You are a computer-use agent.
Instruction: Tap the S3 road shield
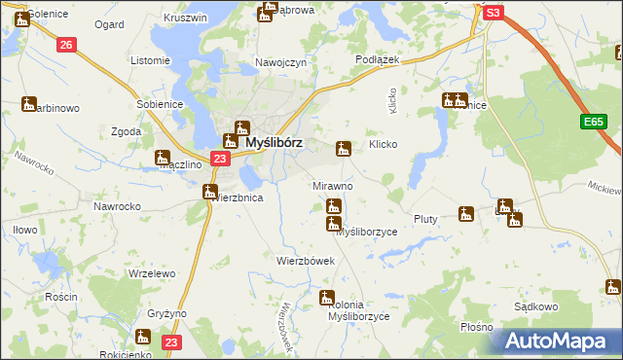[x=494, y=13]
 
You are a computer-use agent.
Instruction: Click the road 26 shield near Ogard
[x=65, y=45]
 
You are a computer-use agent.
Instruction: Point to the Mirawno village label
[x=332, y=185]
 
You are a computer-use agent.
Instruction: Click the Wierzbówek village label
[x=306, y=261]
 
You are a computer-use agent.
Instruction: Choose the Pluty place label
[x=425, y=219]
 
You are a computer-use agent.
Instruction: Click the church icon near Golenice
[x=20, y=18]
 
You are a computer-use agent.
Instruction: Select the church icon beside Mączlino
[x=163, y=157]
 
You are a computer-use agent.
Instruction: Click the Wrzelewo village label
[x=151, y=274]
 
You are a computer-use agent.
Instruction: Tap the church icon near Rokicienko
[x=142, y=337]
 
